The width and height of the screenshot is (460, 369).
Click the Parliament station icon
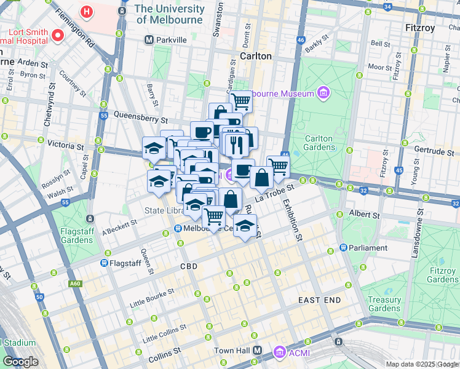(x=344, y=248)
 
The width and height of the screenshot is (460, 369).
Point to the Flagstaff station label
(x=126, y=263)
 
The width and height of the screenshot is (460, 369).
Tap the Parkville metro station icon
(x=149, y=40)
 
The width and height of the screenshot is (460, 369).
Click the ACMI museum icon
(x=280, y=352)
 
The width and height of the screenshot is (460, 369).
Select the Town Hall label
(x=231, y=351)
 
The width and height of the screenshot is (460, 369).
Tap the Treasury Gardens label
(x=384, y=304)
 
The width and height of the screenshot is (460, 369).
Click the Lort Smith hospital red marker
(x=59, y=35)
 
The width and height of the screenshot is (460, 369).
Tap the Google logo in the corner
(x=20, y=362)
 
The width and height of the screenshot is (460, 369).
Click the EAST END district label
(x=319, y=300)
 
